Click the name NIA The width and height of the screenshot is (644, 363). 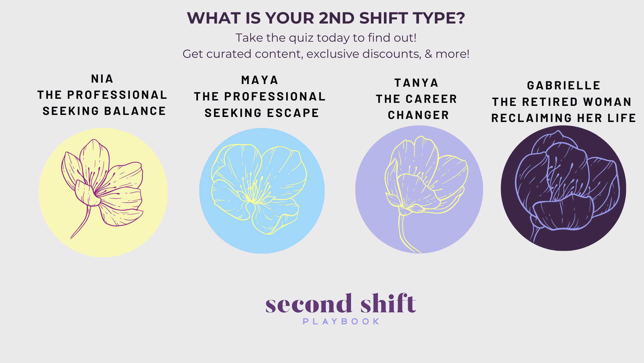[102, 79]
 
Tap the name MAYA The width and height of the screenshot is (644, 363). [260, 80]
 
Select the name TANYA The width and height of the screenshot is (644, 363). [416, 83]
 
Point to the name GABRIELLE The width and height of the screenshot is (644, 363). [563, 85]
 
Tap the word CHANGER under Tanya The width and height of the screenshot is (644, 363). [418, 115]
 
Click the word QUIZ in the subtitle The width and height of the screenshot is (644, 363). [301, 38]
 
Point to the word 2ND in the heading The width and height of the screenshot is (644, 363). [337, 18]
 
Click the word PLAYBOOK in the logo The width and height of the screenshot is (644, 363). [341, 322]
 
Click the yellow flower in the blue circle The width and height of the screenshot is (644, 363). [259, 189]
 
